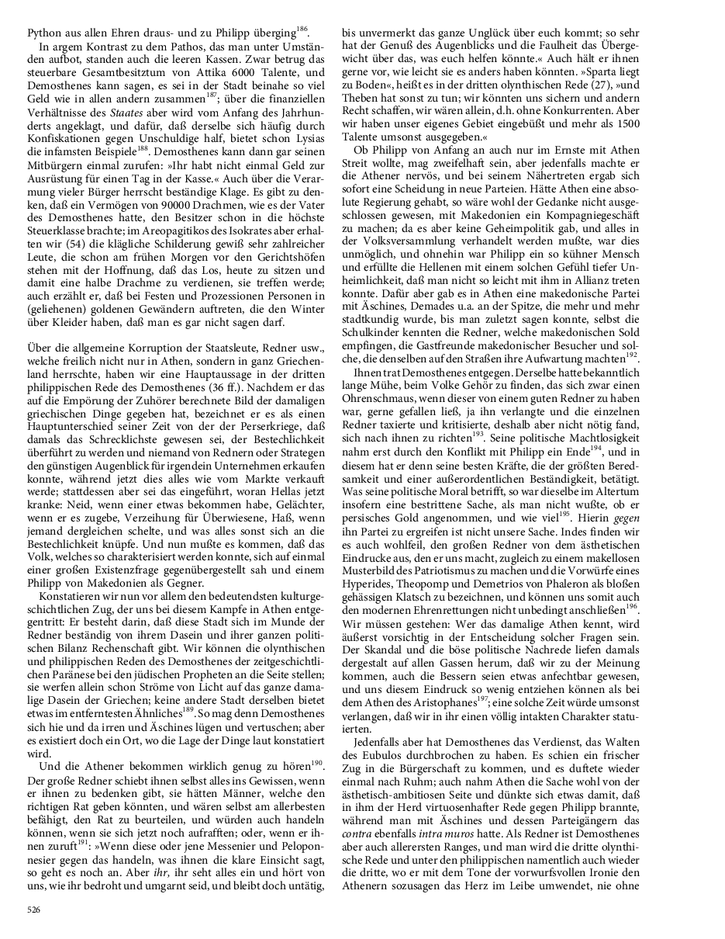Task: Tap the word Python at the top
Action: (43, 34)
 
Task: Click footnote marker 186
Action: (302, 30)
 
